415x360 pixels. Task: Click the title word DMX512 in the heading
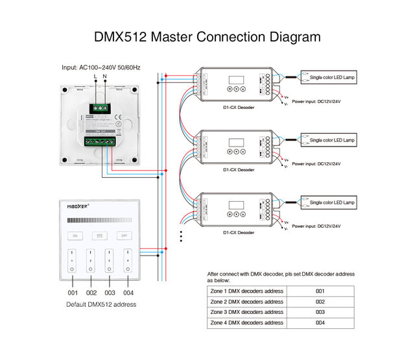pyautogui.click(x=121, y=37)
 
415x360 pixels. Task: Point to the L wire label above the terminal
pyautogui.click(x=95, y=77)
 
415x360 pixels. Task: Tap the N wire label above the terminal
pyautogui.click(x=104, y=77)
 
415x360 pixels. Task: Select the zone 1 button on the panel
pyautogui.click(x=73, y=259)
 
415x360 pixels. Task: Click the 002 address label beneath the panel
pyautogui.click(x=91, y=293)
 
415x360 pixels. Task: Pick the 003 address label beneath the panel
pyautogui.click(x=110, y=293)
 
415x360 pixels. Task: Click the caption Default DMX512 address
pyautogui.click(x=101, y=304)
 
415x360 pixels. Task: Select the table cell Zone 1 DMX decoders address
pyautogui.click(x=247, y=291)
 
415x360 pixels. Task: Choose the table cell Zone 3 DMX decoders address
pyautogui.click(x=247, y=312)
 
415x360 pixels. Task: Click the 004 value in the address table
pyautogui.click(x=320, y=322)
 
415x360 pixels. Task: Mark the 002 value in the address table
pyautogui.click(x=320, y=302)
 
